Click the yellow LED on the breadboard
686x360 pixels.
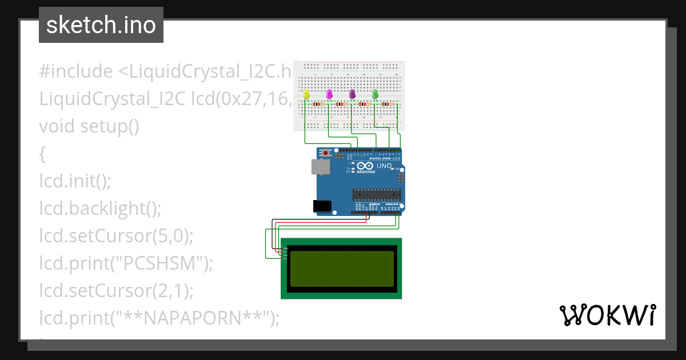click(306, 93)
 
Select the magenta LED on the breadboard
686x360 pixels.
click(329, 93)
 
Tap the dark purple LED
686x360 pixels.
click(352, 93)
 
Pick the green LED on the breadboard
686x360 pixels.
click(375, 93)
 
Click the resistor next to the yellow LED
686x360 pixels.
click(319, 105)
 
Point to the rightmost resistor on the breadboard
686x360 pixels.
click(388, 105)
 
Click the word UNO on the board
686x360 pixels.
click(384, 166)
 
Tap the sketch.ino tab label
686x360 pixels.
click(101, 25)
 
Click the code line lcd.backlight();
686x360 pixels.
click(101, 209)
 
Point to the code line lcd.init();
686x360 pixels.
click(75, 181)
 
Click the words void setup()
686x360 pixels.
click(89, 126)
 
